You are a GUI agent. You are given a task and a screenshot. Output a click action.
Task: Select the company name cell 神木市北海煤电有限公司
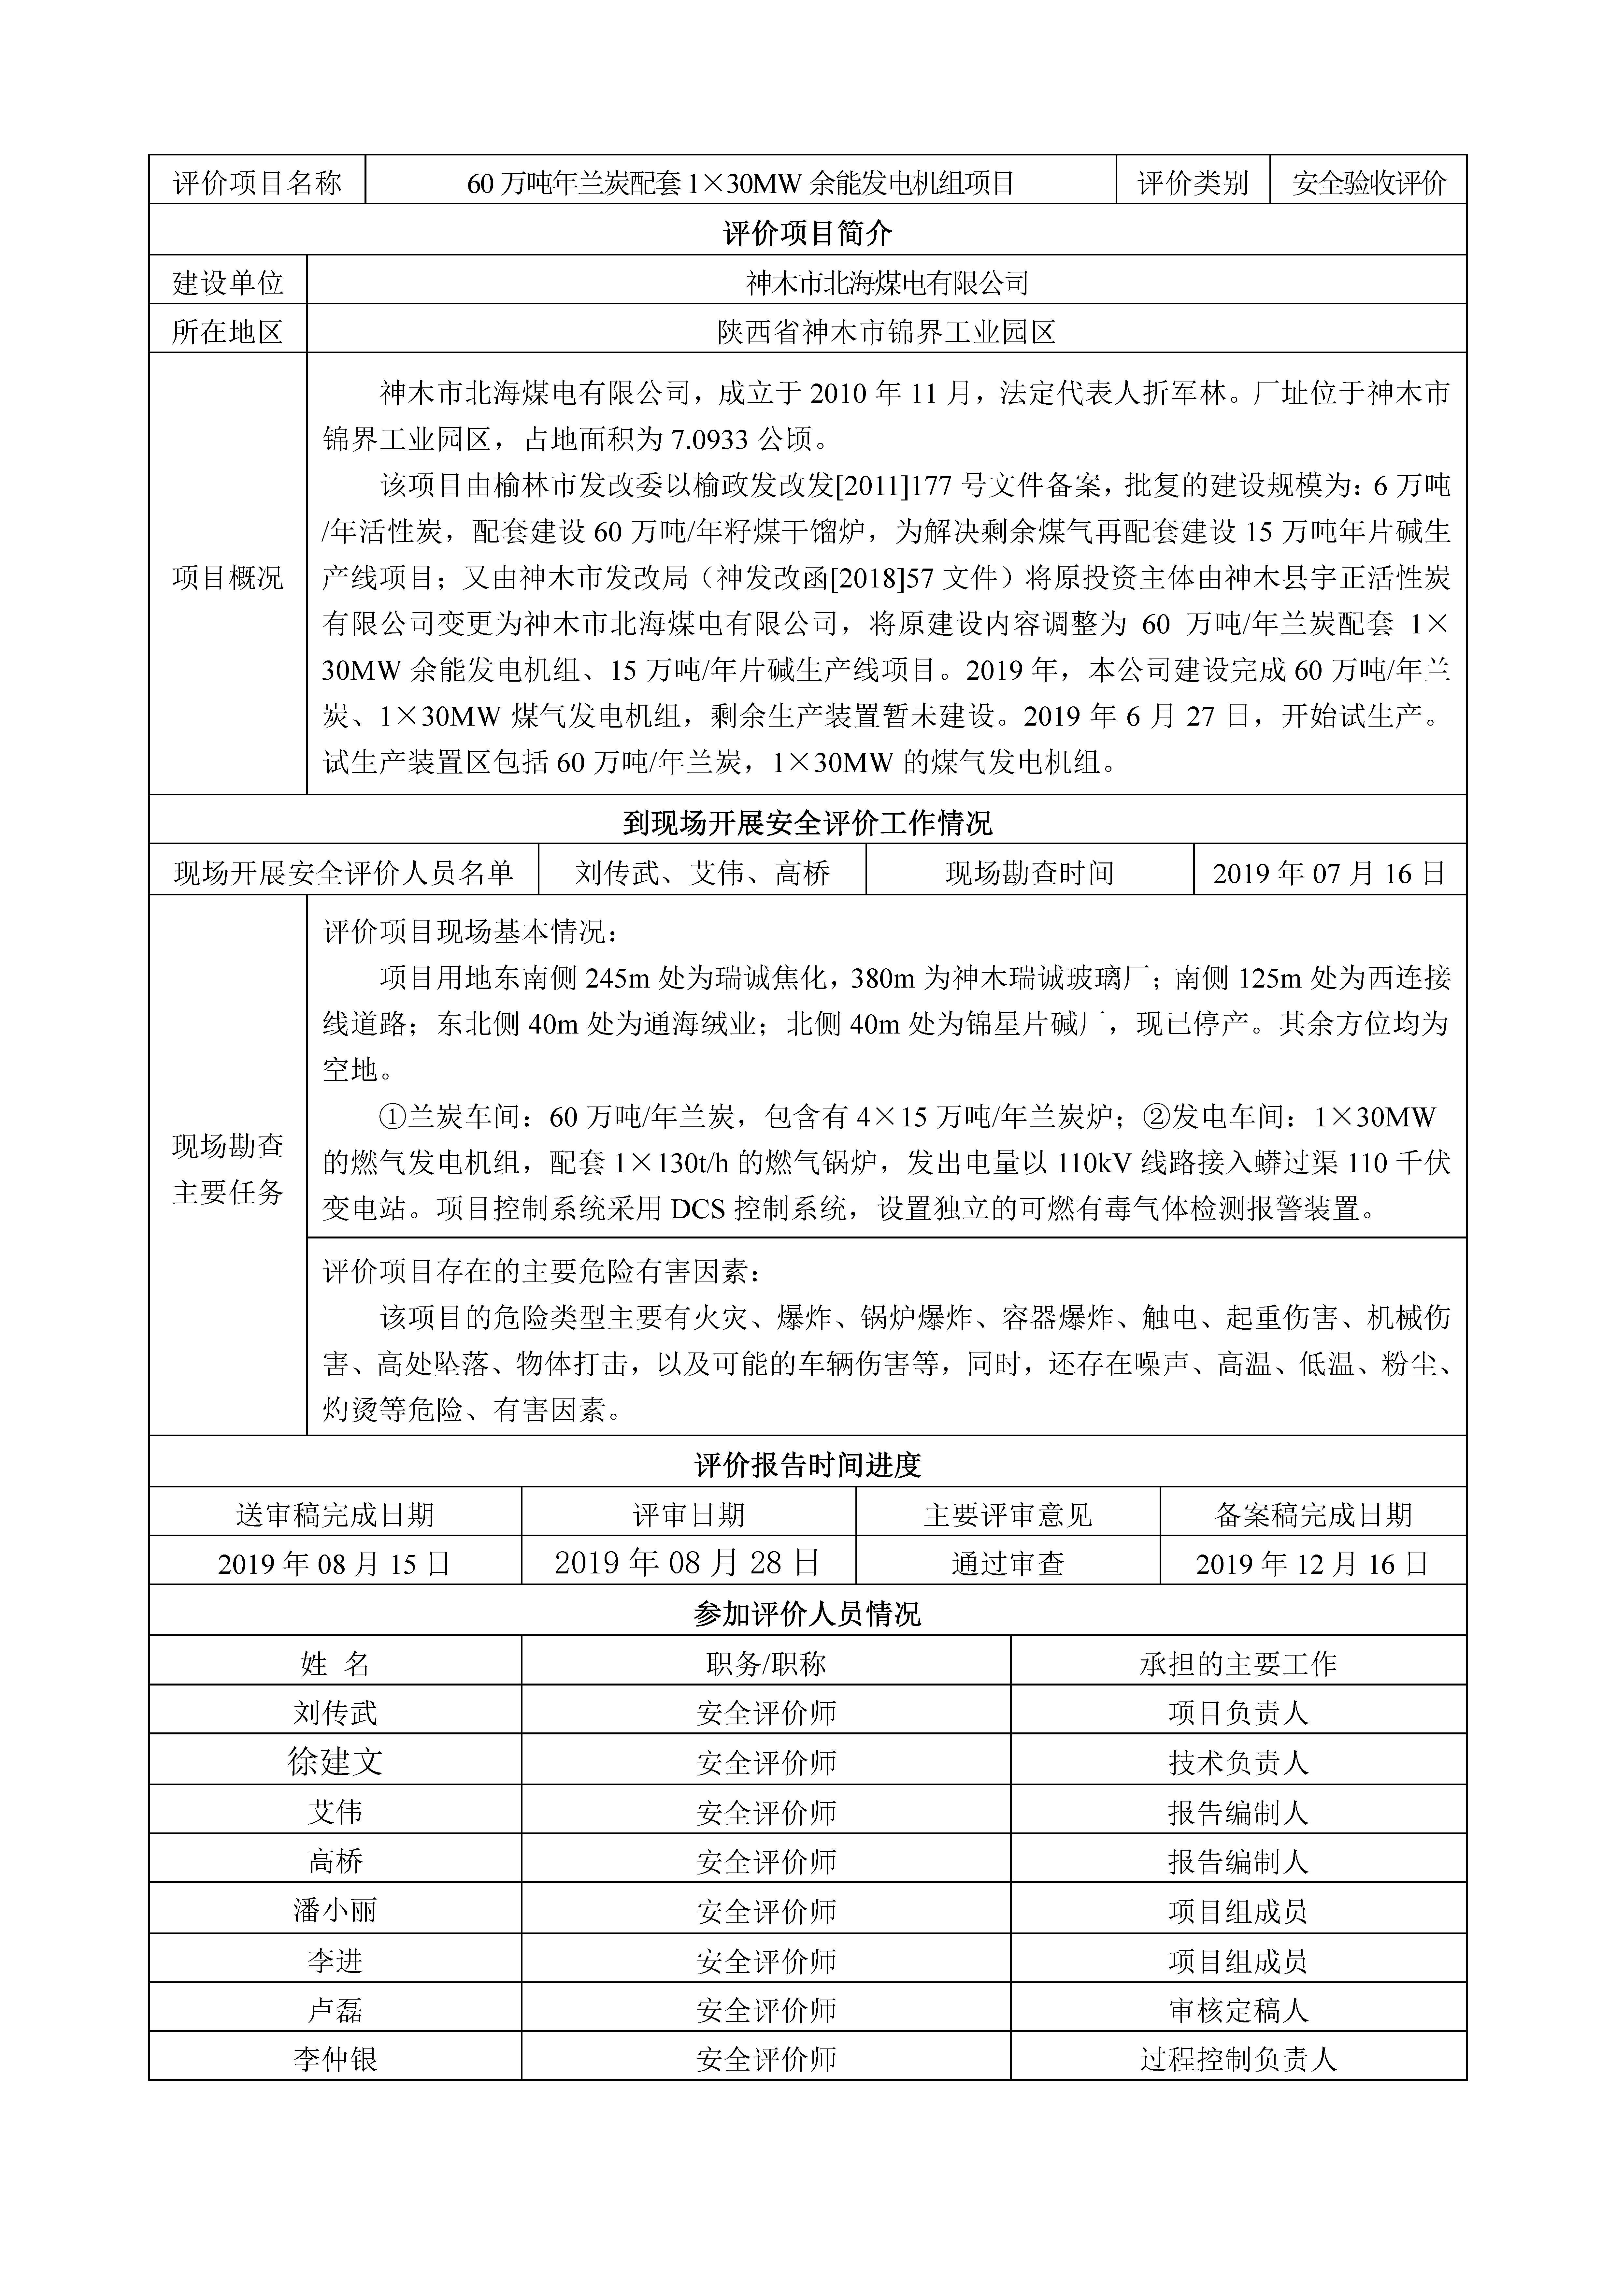pyautogui.click(x=886, y=284)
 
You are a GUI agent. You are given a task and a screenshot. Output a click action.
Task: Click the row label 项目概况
pyautogui.click(x=228, y=577)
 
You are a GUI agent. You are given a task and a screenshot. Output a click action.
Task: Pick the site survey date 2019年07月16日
pyautogui.click(x=1329, y=873)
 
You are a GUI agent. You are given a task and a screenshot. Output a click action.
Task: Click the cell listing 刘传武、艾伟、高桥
pyautogui.click(x=702, y=873)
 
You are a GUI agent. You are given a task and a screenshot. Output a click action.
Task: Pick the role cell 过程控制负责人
pyautogui.click(x=1237, y=2059)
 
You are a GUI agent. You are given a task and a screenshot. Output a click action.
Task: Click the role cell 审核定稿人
pyautogui.click(x=1237, y=2010)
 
